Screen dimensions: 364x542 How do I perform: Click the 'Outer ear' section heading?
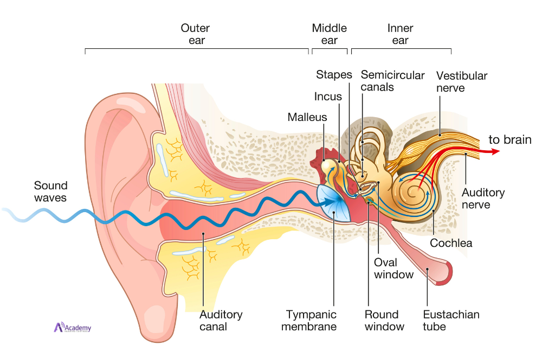coord(195,34)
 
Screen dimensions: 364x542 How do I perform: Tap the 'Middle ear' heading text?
coord(329,34)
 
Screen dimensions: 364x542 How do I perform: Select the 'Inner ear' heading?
coord(400,34)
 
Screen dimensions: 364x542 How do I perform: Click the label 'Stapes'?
coord(334,75)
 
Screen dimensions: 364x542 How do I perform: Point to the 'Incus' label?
coord(328,97)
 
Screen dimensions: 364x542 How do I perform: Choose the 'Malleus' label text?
coord(307,117)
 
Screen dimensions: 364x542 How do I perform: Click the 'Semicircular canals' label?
coord(392,81)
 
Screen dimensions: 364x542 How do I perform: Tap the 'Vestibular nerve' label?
coord(462,81)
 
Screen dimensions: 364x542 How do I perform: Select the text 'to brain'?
coord(510,139)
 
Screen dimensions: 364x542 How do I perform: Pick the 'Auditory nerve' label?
coord(483,199)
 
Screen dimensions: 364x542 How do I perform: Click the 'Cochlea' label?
coord(451,243)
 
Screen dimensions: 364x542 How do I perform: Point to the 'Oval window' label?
coord(393,268)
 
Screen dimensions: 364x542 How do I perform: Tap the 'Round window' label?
coord(384,320)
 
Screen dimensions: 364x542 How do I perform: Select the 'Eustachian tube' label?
coord(451,320)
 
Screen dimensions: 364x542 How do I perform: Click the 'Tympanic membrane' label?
coord(311,320)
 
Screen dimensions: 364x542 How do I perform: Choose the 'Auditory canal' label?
coord(221,320)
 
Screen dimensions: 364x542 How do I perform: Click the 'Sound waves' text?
coord(50,191)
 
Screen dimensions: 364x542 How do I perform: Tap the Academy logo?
coord(73,328)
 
